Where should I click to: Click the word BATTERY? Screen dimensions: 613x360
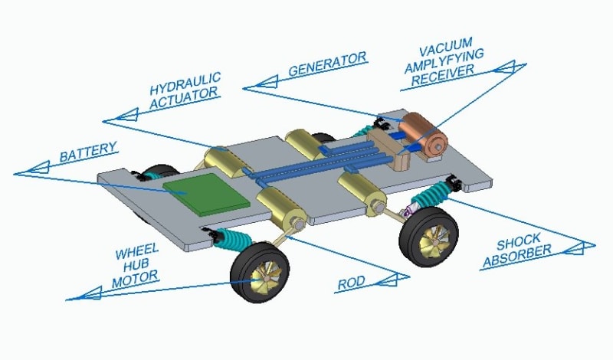[88, 152]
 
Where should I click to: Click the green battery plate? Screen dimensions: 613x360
[208, 193]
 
